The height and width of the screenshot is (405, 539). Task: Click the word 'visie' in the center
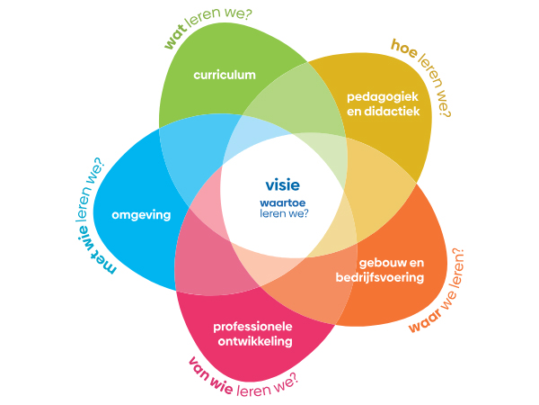282,185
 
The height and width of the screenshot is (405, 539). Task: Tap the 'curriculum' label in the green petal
225,75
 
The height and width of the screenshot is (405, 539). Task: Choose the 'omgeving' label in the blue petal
141,215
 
